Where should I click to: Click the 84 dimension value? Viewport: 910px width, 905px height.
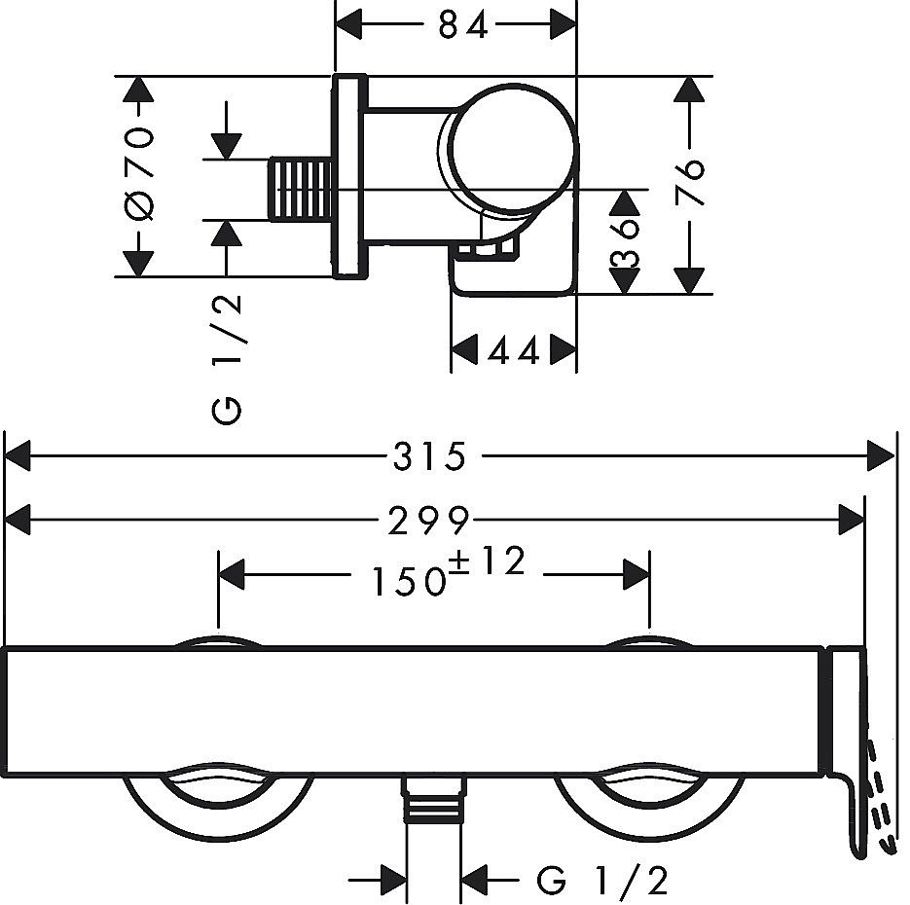click(461, 26)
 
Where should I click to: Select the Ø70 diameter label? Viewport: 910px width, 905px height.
click(140, 175)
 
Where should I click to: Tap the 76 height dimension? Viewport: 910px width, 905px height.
click(690, 182)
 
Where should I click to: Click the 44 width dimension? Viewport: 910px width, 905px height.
click(514, 350)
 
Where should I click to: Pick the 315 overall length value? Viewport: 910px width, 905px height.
click(430, 455)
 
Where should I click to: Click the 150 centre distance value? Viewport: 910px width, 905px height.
click(406, 581)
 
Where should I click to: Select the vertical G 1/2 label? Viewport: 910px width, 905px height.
click(228, 360)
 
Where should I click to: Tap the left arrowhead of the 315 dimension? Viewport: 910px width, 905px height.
click(18, 454)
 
